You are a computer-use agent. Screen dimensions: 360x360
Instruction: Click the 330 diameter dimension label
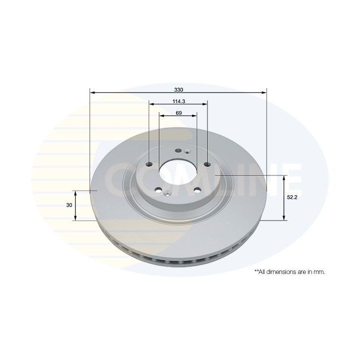coord(178,90)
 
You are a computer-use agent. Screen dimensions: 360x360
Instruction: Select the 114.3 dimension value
coord(179,101)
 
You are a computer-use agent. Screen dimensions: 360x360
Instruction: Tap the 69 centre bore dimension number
coord(178,113)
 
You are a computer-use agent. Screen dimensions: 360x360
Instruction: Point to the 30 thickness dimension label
coord(69,205)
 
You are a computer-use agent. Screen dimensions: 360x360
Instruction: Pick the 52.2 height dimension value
coord(292,197)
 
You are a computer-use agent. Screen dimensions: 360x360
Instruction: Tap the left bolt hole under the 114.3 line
coord(149,164)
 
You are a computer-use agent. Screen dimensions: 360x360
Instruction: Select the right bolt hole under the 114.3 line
coord(207,164)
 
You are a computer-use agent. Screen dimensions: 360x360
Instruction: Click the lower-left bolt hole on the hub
coord(158,190)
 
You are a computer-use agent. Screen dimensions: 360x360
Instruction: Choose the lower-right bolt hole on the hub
coord(197,190)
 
